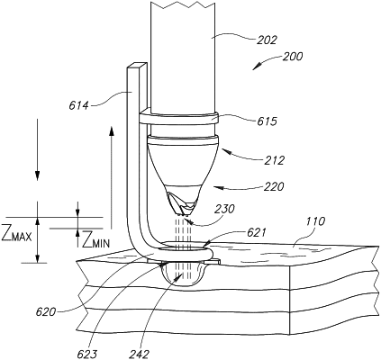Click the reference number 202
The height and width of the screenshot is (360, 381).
pos(267,40)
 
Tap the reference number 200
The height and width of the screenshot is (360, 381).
pos(293,57)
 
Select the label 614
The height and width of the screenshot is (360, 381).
pos(79,105)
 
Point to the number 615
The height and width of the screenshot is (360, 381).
pos(267,121)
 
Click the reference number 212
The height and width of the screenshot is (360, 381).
pos(274,161)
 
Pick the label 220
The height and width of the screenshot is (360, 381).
pos(274,187)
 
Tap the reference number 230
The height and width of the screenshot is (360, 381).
pos(224,209)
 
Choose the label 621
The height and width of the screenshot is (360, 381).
pos(256,232)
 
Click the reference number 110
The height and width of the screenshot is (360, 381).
pos(315,221)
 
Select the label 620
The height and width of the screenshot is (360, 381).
pos(46,312)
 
